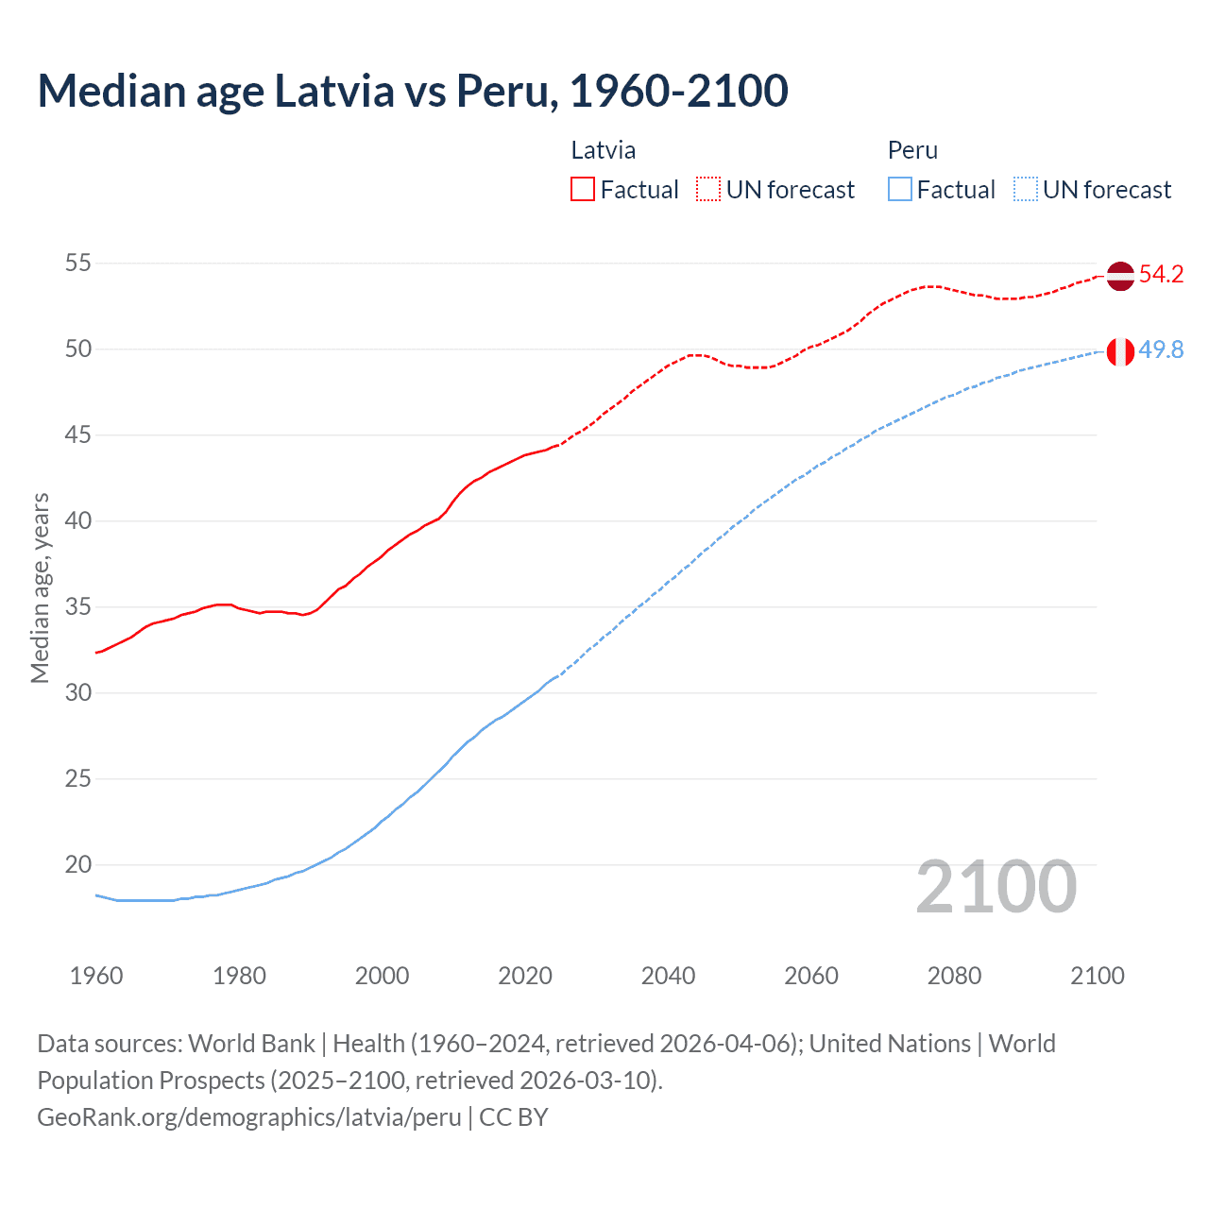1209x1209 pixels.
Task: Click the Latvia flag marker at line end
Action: point(1119,276)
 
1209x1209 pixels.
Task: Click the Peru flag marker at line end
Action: point(1119,351)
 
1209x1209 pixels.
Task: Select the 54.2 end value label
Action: point(1161,275)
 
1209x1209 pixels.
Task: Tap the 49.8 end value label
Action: point(1161,350)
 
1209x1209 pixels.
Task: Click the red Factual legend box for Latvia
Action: point(583,190)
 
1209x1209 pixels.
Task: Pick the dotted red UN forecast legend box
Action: point(708,190)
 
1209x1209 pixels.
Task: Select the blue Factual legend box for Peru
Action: point(899,190)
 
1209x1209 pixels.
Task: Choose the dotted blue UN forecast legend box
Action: point(1025,190)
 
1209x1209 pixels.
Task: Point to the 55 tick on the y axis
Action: point(77,263)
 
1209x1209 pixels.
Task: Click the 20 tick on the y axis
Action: point(77,864)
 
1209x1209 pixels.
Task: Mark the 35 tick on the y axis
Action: point(77,606)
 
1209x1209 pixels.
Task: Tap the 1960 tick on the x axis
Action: point(96,976)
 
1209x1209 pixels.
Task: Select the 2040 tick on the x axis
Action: point(668,976)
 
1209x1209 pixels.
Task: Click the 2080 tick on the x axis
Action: point(954,976)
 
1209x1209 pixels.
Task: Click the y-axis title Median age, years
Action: point(40,587)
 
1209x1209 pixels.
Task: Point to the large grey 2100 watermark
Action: point(996,887)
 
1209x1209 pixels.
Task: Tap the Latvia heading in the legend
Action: point(603,150)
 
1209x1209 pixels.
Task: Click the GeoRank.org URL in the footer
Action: point(248,1117)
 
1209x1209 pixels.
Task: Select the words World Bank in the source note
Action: point(251,1044)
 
